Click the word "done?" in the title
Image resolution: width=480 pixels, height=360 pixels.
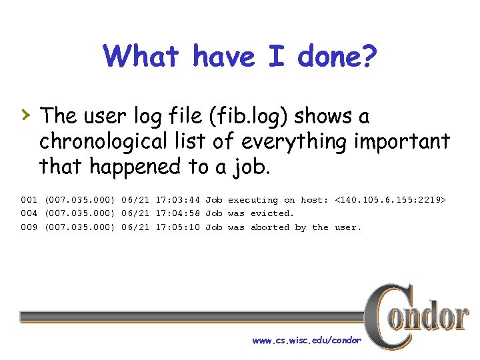click(x=337, y=57)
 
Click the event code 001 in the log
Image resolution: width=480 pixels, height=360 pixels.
click(x=29, y=200)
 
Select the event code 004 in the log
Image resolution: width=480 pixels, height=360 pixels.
click(x=29, y=213)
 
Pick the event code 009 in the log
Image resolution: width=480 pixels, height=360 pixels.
click(x=29, y=227)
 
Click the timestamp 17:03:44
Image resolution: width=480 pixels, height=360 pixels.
click(x=178, y=200)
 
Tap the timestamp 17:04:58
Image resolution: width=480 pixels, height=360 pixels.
click(x=178, y=213)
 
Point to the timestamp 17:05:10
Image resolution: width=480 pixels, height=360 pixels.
click(x=178, y=227)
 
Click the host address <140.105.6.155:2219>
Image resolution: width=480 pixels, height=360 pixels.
click(x=390, y=200)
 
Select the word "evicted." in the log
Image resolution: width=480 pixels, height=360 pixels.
click(x=272, y=213)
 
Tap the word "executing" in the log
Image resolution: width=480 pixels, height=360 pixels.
click(x=253, y=200)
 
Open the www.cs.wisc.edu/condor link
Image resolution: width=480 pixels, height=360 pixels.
click(x=307, y=341)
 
